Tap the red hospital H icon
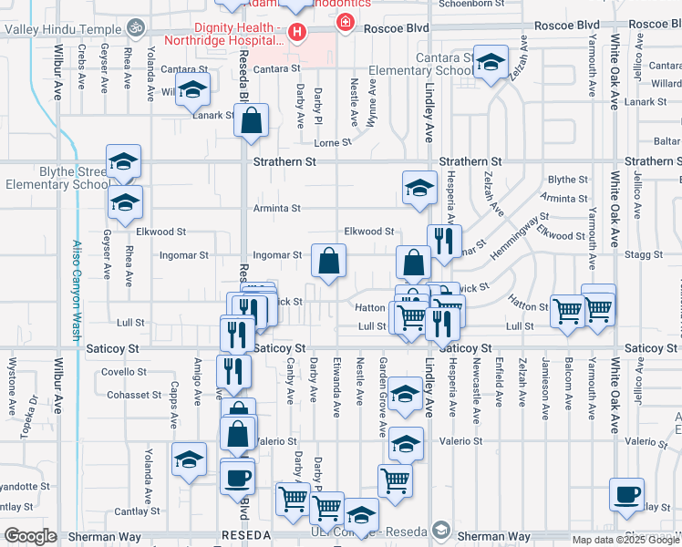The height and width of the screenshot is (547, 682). pos(296,33)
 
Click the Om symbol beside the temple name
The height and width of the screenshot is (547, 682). pos(136,27)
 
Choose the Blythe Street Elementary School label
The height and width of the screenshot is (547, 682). pos(57,177)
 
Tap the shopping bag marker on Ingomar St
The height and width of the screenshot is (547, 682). pos(327,261)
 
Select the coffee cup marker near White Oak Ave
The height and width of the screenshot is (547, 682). pos(627,495)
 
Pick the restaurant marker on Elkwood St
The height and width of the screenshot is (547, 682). pos(444,243)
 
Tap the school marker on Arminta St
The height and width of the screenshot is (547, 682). pos(418,189)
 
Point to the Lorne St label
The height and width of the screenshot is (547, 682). pos(332,143)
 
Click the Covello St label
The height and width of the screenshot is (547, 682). pos(123,372)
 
